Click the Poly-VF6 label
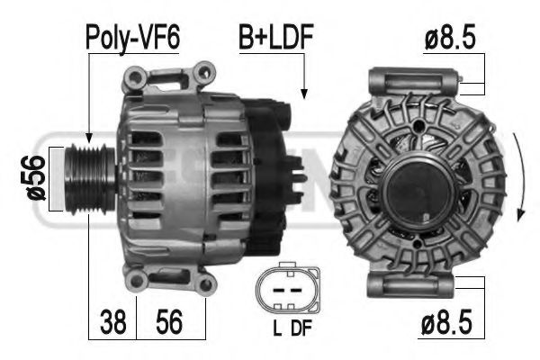coord(132,38)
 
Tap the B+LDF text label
coord(276,37)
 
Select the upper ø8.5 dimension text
coord(450,37)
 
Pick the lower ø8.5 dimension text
coord(446,322)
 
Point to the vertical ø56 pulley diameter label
coord(36,178)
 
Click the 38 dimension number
coord(113,322)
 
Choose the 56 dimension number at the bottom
coord(169,322)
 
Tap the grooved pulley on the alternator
coord(90,179)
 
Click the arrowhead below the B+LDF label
coord(304,94)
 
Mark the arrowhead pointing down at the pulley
coord(89,138)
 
